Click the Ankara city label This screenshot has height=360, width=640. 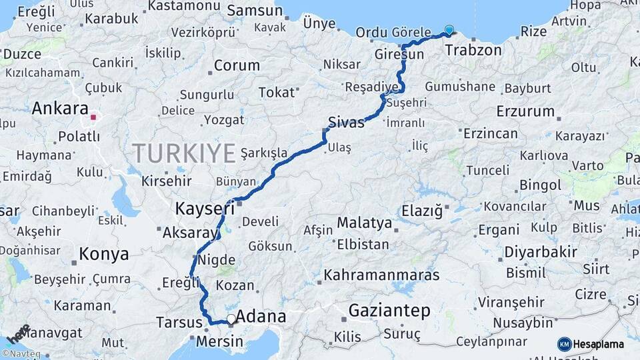pyautogui.click(x=60, y=109)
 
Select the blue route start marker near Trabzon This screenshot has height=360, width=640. pyautogui.click(x=449, y=30)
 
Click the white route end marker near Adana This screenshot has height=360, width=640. pyautogui.click(x=231, y=319)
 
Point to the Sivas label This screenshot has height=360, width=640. pyautogui.click(x=347, y=123)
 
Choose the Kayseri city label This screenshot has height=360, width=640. pyautogui.click(x=205, y=209)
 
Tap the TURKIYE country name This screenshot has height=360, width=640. pyautogui.click(x=183, y=153)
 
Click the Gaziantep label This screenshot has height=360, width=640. pyautogui.click(x=389, y=311)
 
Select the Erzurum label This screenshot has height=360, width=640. pyautogui.click(x=525, y=111)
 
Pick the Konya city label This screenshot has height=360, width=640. pyautogui.click(x=103, y=254)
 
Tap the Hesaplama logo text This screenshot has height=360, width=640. pyautogui.click(x=599, y=344)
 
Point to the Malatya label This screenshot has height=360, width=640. pyautogui.click(x=363, y=223)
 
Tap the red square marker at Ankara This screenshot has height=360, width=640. pyautogui.click(x=93, y=117)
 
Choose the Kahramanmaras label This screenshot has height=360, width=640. pyautogui.click(x=381, y=275)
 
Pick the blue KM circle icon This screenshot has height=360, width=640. pyautogui.click(x=564, y=344)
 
